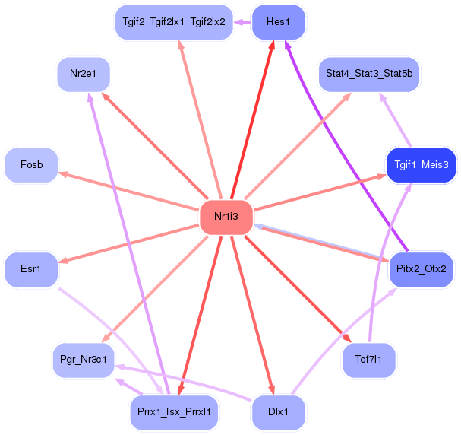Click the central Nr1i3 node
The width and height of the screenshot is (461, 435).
click(226, 217)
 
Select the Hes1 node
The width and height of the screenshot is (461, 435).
click(278, 22)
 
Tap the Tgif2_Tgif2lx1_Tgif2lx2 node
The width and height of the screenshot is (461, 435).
click(173, 22)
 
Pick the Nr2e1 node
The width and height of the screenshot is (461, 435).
click(84, 74)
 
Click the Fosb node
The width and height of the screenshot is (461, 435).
click(31, 165)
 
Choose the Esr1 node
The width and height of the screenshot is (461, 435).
click(31, 268)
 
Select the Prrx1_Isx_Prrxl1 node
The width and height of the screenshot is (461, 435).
click(173, 412)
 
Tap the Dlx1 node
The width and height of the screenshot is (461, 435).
click(278, 412)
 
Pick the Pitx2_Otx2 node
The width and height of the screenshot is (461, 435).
click(421, 268)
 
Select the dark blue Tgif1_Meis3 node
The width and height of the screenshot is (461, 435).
click(421, 164)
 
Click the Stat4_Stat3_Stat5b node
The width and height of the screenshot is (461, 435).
click(368, 74)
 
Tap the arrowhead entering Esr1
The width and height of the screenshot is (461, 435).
click(63, 261)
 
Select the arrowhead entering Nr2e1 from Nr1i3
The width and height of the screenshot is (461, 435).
click(105, 97)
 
